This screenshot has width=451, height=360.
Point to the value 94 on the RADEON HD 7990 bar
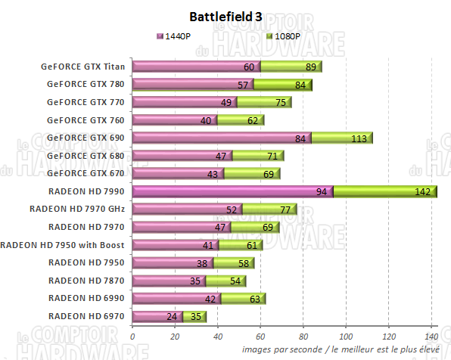pyautogui.click(x=322, y=193)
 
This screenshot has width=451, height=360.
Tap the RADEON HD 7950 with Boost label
pyautogui.click(x=63, y=244)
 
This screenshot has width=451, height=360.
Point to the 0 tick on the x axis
pyautogui.click(x=132, y=337)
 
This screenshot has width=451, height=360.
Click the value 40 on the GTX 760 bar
pyautogui.click(x=206, y=120)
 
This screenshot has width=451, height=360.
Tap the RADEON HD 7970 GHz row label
pyautogui.click(x=76, y=208)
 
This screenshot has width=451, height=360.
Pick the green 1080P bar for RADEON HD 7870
pyautogui.click(x=227, y=281)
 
